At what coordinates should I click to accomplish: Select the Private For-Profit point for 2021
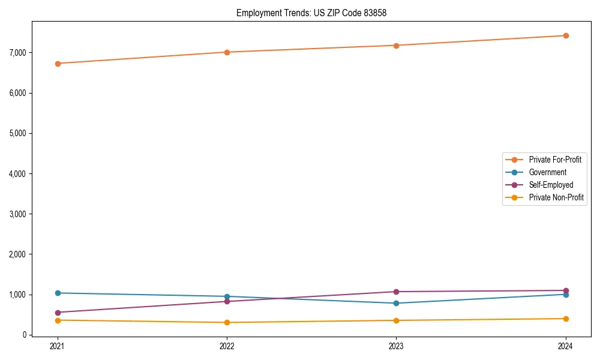(x=58, y=64)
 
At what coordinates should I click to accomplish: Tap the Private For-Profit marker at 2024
(x=566, y=35)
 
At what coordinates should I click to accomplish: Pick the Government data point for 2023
(x=396, y=303)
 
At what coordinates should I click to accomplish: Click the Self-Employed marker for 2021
(x=58, y=313)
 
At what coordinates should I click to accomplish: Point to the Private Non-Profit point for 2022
(x=227, y=322)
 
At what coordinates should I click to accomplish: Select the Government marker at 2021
(x=58, y=293)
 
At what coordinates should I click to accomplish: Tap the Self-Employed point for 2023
(x=396, y=292)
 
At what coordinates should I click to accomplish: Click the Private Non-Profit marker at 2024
(x=566, y=319)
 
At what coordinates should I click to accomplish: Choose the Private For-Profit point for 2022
(x=227, y=52)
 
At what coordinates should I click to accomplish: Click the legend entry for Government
(x=547, y=172)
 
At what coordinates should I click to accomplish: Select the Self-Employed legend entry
(x=551, y=185)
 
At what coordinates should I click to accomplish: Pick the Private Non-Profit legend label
(x=556, y=197)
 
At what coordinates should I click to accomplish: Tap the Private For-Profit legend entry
(x=555, y=160)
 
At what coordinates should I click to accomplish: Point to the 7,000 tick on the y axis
(x=17, y=53)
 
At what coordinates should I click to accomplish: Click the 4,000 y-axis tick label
(x=17, y=174)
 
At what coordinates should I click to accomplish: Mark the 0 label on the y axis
(x=25, y=335)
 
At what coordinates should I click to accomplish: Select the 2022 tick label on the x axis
(x=227, y=346)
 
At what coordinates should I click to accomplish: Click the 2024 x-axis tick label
(x=566, y=346)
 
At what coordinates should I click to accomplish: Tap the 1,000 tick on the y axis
(x=17, y=295)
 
